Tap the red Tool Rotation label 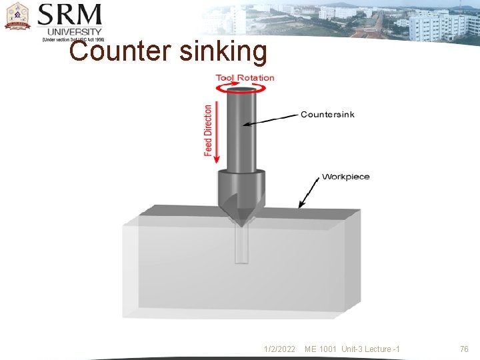245,78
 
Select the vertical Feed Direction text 209,130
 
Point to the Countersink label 327,115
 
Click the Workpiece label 345,177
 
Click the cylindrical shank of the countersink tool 241,130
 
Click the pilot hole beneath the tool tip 241,243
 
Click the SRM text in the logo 70,15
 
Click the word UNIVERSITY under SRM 74,31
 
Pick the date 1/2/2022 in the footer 279,349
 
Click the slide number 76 464,349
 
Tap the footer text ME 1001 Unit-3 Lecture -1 352,349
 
